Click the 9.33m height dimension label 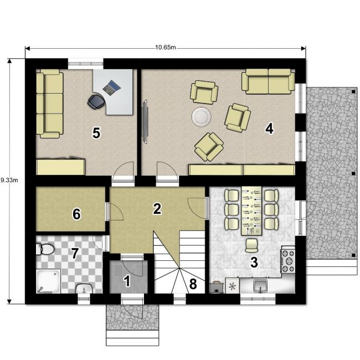click(9, 180)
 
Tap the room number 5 click(96, 133)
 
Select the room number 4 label click(269, 128)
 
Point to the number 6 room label click(76, 214)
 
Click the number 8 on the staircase click(193, 284)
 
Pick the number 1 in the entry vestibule click(127, 281)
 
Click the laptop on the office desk click(111, 87)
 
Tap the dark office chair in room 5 click(96, 101)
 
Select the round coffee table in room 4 click(202, 117)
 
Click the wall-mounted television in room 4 click(145, 122)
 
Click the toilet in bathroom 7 click(45, 249)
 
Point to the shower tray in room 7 click(48, 281)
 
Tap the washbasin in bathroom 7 click(84, 289)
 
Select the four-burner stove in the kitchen click(288, 261)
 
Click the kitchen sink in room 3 click(260, 286)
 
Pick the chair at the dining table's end click(251, 245)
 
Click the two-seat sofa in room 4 click(268, 81)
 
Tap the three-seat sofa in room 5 click(50, 104)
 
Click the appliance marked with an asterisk click(233, 286)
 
